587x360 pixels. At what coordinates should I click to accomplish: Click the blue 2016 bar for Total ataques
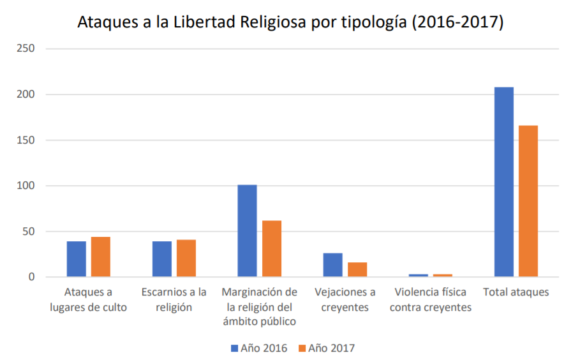[503, 182]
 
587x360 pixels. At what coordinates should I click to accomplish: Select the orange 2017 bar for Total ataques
[528, 201]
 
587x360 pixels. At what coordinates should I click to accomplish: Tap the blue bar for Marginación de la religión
[247, 231]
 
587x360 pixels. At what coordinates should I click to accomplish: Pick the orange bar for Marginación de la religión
[271, 249]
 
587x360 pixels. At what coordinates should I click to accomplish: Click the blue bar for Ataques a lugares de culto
[76, 259]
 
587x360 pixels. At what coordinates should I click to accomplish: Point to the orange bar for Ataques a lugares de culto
[100, 257]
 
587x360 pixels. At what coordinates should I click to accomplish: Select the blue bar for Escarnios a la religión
[161, 259]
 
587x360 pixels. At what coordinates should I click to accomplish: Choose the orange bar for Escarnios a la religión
[186, 259]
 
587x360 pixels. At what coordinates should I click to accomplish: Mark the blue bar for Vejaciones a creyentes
[332, 265]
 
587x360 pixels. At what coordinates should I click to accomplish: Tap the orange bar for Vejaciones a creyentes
[357, 269]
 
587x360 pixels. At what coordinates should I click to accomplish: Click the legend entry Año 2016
[259, 348]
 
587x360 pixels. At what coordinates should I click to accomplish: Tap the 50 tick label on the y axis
[29, 232]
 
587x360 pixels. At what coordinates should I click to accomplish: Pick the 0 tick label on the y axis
[31, 277]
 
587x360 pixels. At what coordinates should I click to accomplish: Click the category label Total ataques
[516, 292]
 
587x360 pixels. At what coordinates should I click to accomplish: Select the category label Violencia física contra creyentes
[431, 300]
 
